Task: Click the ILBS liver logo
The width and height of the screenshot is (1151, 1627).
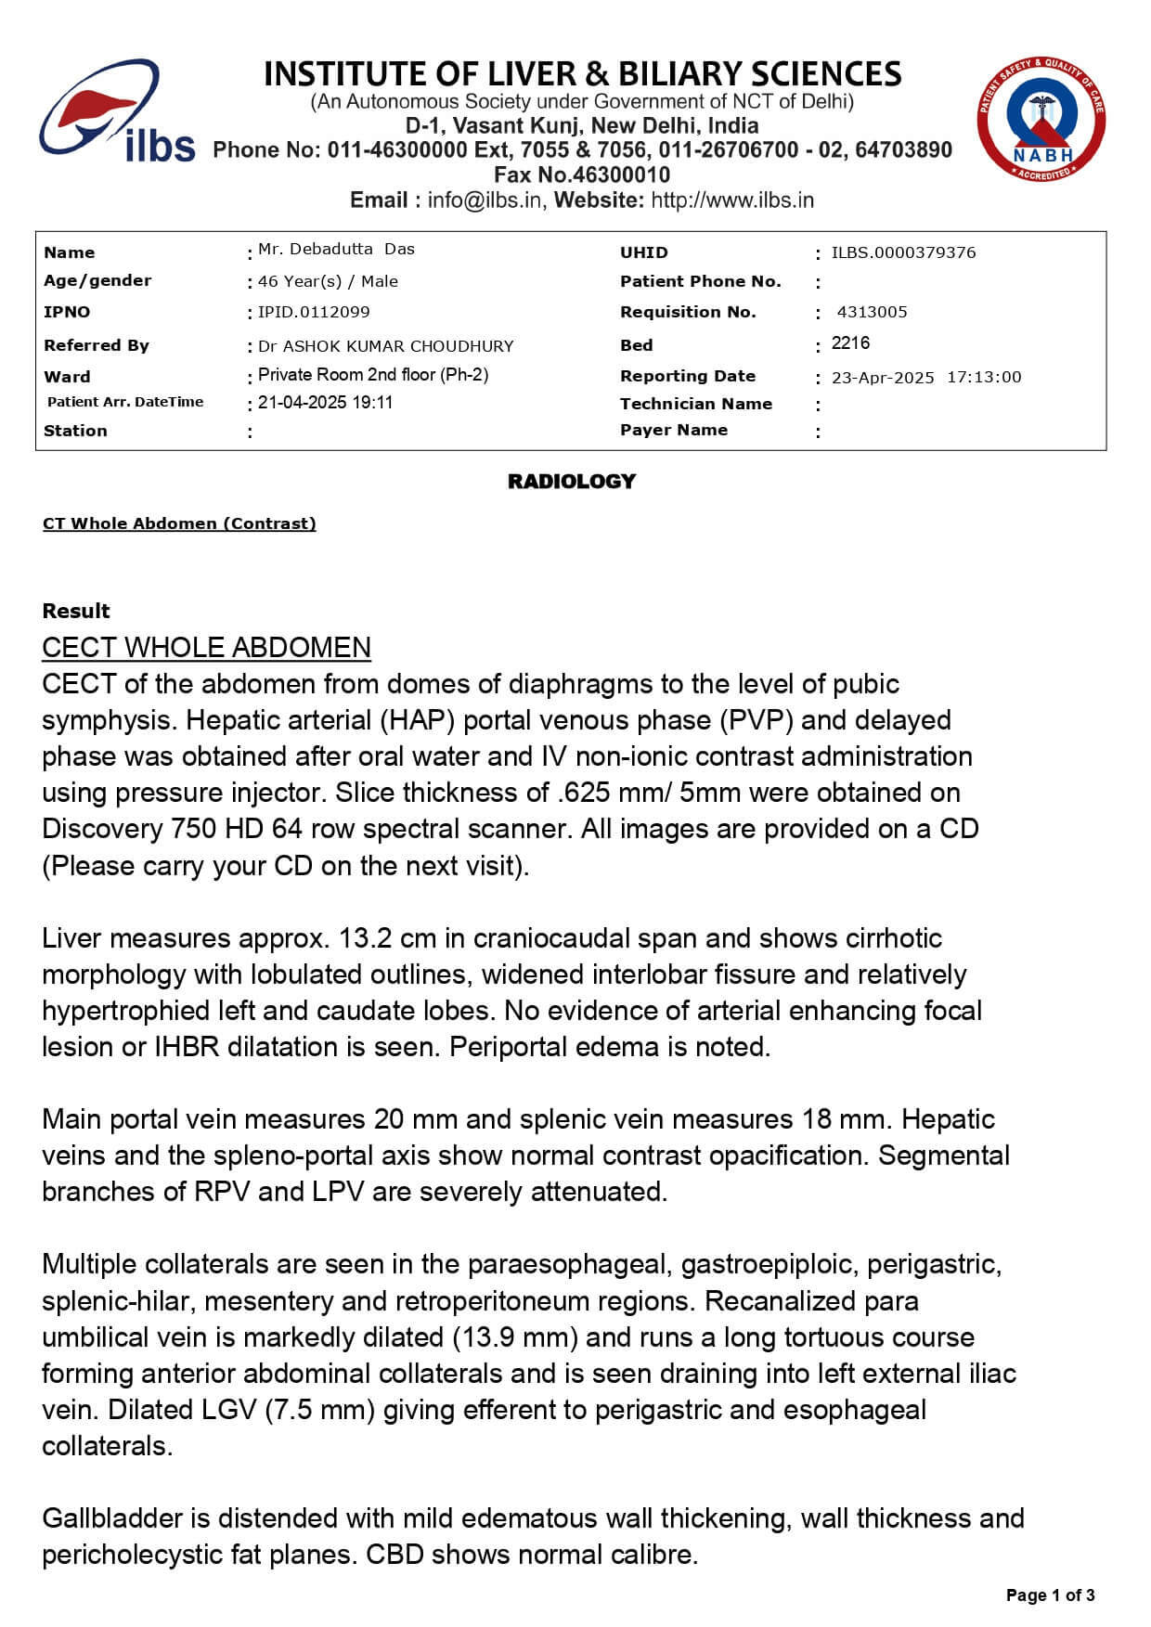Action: (115, 112)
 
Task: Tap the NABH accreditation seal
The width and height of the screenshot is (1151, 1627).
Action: (1041, 118)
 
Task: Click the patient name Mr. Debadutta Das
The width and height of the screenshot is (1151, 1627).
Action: (336, 249)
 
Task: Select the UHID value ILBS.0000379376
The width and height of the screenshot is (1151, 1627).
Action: (903, 252)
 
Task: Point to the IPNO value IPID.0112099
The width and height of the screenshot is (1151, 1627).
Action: (314, 312)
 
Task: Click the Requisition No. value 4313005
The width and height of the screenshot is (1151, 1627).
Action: (872, 312)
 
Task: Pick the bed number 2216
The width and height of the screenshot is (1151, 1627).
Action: (850, 343)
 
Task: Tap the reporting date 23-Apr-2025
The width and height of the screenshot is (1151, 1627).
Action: (883, 377)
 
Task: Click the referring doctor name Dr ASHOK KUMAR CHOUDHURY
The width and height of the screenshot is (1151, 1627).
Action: (385, 346)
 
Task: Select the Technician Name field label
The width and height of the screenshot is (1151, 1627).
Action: (695, 404)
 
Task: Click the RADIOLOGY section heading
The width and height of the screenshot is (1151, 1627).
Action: (571, 481)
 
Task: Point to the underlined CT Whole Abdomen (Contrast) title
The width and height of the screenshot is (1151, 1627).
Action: (179, 523)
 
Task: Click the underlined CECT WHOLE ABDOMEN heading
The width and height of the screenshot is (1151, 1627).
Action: (206, 647)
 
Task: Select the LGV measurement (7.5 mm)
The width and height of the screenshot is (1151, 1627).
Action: (319, 1410)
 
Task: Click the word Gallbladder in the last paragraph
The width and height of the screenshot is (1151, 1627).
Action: (113, 1518)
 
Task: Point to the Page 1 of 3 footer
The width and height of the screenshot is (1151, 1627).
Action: (1050, 1595)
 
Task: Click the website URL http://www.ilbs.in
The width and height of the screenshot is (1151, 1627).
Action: (732, 200)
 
